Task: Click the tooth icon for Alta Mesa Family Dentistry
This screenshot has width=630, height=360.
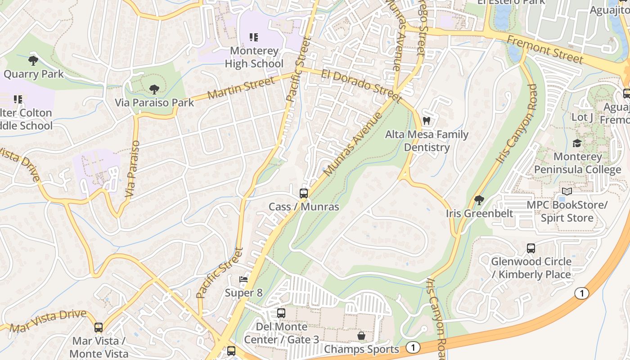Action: [427, 121]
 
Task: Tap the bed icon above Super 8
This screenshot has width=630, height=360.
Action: [243, 279]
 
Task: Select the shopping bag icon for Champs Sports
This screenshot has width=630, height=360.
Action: [361, 336]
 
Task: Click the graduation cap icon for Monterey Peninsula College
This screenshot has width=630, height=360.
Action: [577, 143]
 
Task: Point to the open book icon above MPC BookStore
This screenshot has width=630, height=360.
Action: [567, 192]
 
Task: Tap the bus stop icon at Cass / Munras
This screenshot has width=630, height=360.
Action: [304, 193]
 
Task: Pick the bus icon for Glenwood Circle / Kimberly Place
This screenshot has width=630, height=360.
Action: [531, 248]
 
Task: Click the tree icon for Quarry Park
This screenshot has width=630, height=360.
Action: [33, 60]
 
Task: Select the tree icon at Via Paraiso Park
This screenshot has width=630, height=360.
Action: [154, 89]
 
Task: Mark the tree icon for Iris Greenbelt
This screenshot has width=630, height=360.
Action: [479, 200]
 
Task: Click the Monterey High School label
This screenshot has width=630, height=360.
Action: [254, 57]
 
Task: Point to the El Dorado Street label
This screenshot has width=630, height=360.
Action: [361, 85]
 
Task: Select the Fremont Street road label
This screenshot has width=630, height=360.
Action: [545, 49]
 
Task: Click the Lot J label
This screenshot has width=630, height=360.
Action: [582, 117]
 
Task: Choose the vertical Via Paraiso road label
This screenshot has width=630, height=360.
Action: [133, 169]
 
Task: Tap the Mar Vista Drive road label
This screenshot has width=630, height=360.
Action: [47, 321]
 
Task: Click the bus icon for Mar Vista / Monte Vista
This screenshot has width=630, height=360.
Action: [99, 328]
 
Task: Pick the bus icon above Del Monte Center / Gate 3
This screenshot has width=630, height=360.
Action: [281, 313]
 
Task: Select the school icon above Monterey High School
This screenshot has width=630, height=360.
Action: [254, 37]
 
